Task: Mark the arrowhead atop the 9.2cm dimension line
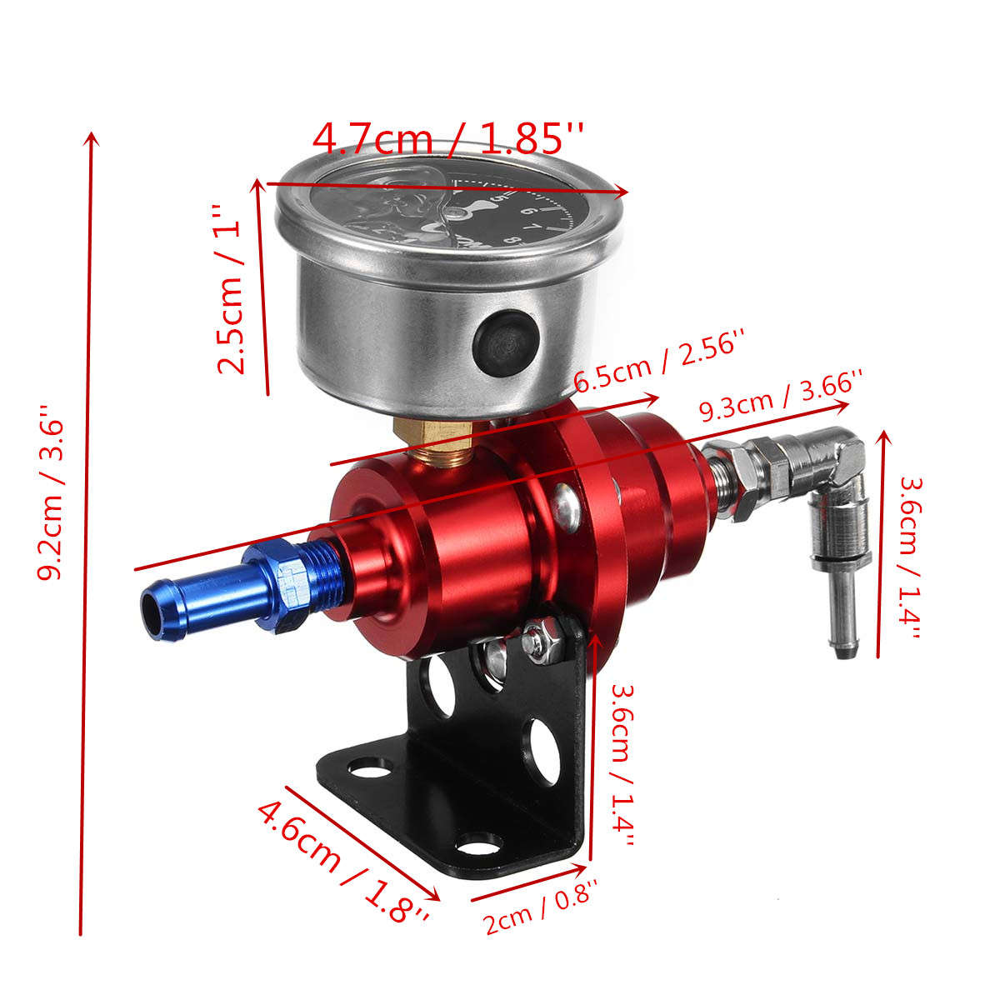pos(92,138)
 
